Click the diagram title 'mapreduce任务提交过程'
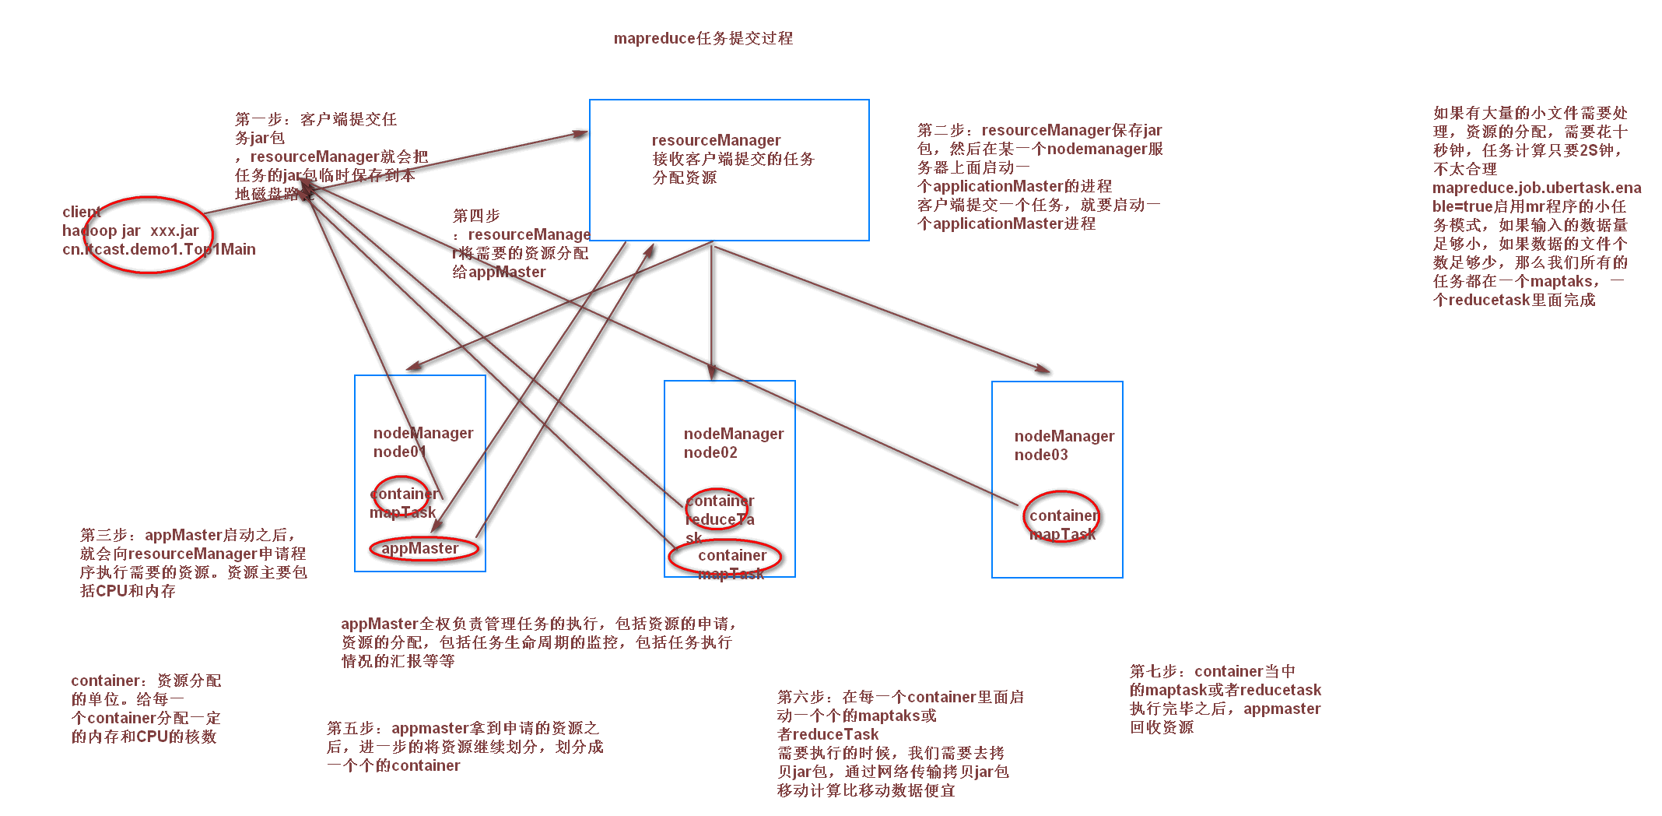click(703, 38)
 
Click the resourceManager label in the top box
click(716, 140)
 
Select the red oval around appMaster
click(423, 549)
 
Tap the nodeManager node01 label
click(423, 441)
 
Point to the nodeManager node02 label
click(733, 442)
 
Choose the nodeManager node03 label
click(1064, 445)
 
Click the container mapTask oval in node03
click(1061, 516)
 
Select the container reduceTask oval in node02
click(719, 511)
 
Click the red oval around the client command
click(147, 234)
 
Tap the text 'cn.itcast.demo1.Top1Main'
click(159, 249)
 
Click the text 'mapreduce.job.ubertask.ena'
click(1536, 188)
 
